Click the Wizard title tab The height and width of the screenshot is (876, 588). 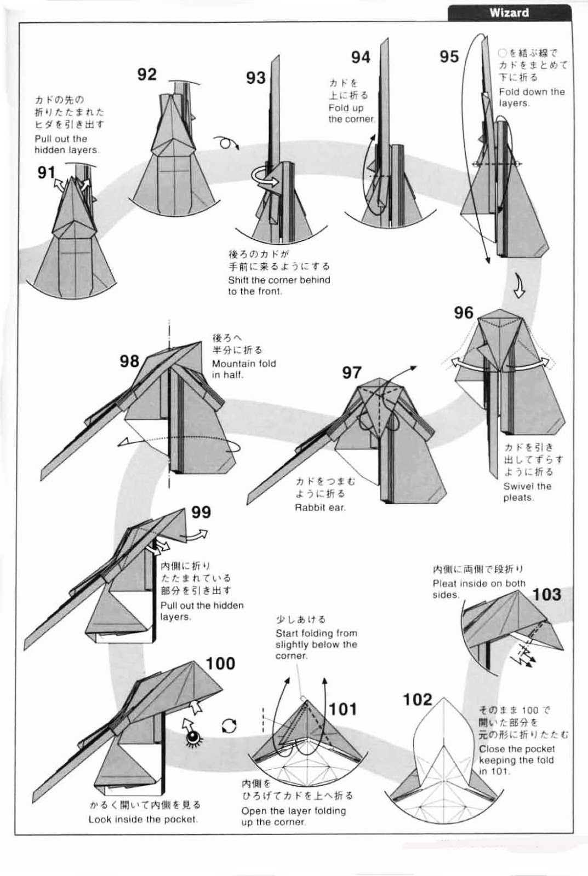[x=509, y=12]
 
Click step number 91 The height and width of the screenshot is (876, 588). [x=47, y=173]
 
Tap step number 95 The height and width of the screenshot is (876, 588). [x=449, y=56]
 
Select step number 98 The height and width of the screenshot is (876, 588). [x=129, y=361]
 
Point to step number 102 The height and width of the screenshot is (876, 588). [x=417, y=699]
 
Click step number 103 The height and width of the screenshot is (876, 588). [x=546, y=594]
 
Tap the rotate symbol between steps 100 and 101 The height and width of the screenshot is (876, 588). [x=229, y=726]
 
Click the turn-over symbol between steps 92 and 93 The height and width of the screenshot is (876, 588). [x=226, y=143]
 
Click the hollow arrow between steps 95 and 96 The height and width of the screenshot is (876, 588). [x=518, y=286]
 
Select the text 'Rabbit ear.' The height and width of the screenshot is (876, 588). [x=320, y=508]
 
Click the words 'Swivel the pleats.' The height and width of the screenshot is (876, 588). [x=527, y=492]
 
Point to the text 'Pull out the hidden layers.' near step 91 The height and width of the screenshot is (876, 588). [x=66, y=144]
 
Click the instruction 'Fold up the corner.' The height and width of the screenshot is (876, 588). [x=351, y=113]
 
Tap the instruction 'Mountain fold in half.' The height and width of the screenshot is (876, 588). [x=244, y=369]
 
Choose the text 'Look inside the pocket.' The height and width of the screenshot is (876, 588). [x=143, y=819]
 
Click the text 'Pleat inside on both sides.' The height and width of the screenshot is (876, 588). [x=478, y=589]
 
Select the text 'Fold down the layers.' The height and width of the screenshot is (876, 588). [x=532, y=97]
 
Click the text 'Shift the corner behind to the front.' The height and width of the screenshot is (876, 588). [x=279, y=285]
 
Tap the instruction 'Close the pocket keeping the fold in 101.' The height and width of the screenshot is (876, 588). [x=516, y=760]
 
